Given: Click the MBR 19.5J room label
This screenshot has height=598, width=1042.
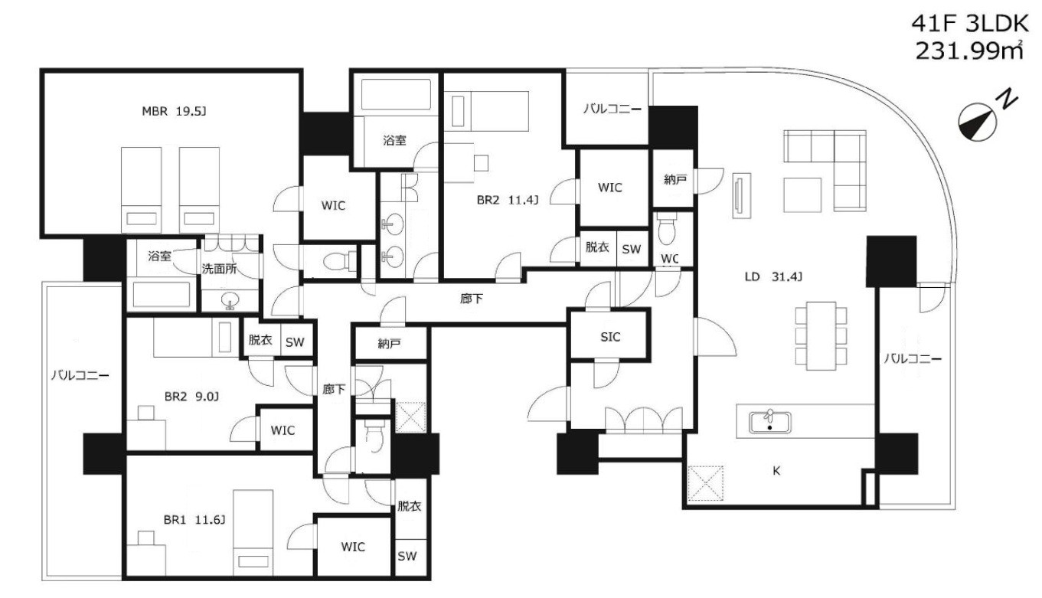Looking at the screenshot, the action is pos(174,112).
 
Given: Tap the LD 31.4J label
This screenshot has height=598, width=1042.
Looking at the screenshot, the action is pos(773,277).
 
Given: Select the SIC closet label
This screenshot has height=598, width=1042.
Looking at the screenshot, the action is pos(610,337).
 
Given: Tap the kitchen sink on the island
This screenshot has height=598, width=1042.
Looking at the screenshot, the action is pos(770,422).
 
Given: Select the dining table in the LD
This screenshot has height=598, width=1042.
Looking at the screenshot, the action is pos(821,335).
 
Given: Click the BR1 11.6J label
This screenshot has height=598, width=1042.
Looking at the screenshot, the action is pos(194,520).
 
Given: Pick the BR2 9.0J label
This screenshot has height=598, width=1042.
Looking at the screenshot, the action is pos(191,397).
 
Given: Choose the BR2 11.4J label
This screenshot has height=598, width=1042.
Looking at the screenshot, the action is pos(508,200).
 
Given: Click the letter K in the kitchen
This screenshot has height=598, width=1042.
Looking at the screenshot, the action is pos(776,471).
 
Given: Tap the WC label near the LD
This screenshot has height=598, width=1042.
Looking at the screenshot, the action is pos(669,258).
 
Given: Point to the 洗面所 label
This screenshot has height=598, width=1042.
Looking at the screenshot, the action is pos(219,269).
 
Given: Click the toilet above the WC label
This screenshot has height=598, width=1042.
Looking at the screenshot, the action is pos(668,230).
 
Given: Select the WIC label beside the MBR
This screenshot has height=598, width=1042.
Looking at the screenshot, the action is pos(333,205).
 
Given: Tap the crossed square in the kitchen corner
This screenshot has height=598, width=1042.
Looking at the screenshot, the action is pos(706,483).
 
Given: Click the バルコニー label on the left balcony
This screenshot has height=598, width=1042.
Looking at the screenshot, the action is pos(80,375).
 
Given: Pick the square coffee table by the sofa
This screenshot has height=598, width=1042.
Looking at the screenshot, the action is pos(802,194).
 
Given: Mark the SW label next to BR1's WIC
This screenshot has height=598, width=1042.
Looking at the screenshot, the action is pos(407,556).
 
